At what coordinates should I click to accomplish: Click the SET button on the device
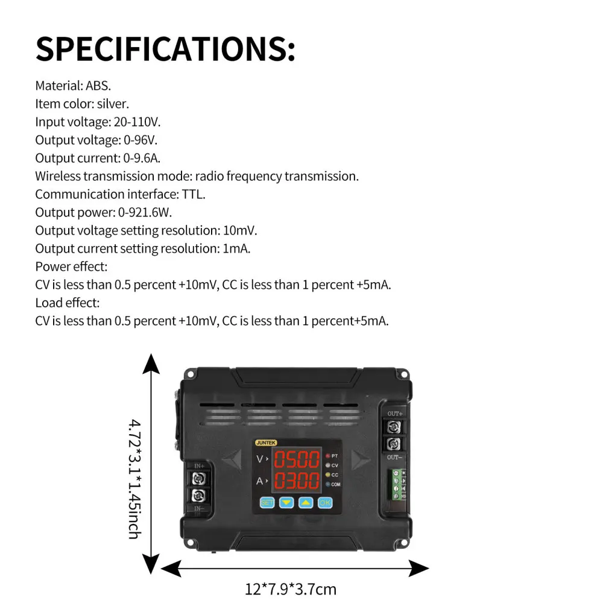pyautogui.click(x=267, y=502)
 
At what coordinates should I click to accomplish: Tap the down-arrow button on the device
pyautogui.click(x=286, y=502)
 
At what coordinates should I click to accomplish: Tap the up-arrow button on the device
pyautogui.click(x=306, y=502)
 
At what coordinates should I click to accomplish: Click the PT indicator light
pyautogui.click(x=328, y=456)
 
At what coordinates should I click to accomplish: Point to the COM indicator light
pyautogui.click(x=328, y=484)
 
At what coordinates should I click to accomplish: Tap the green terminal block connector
pyautogui.click(x=396, y=484)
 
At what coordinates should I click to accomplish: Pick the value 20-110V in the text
pyautogui.click(x=137, y=122)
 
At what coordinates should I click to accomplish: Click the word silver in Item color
pyautogui.click(x=113, y=104)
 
